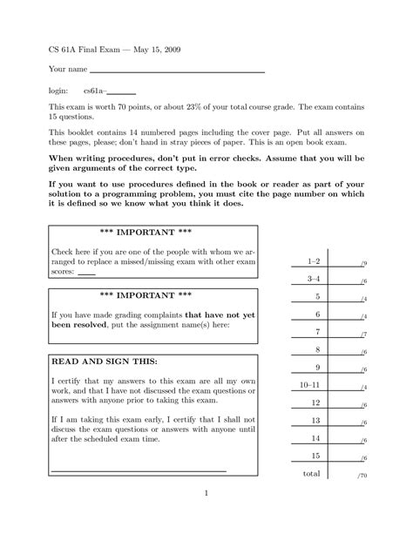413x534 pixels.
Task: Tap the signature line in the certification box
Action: (x=139, y=470)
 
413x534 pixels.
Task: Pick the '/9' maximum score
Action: (x=362, y=263)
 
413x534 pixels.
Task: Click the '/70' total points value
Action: (x=362, y=477)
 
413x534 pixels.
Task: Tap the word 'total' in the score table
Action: (x=311, y=474)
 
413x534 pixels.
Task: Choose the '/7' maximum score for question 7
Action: (x=362, y=335)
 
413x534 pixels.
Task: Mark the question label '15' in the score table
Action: (x=316, y=456)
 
